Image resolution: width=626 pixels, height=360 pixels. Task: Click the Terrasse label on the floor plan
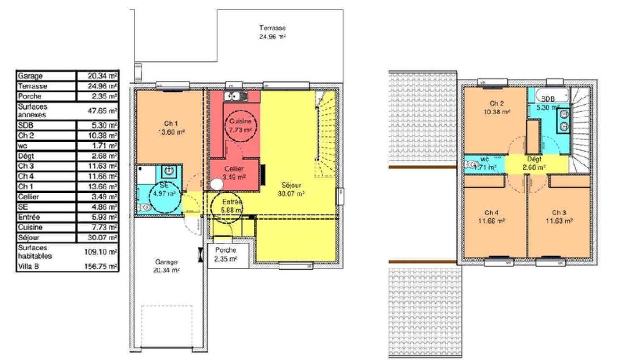(272, 28)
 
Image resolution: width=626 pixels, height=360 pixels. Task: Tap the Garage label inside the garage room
(166, 262)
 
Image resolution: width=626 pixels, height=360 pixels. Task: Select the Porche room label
(226, 250)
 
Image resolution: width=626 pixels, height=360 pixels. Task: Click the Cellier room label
(234, 169)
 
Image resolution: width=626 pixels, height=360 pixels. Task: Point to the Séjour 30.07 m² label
(291, 189)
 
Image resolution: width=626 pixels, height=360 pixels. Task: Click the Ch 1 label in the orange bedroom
(171, 123)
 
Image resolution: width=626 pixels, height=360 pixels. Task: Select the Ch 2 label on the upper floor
(497, 103)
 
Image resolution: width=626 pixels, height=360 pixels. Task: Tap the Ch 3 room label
(559, 213)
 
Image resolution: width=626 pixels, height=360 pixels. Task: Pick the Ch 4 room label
(491, 213)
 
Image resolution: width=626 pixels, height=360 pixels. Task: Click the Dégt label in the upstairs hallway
(534, 159)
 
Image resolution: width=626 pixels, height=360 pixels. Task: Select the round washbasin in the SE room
(169, 171)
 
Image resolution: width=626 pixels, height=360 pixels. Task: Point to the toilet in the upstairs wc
(472, 165)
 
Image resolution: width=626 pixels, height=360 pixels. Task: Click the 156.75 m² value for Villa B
(101, 266)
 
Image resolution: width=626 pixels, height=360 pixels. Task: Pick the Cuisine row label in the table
(30, 227)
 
